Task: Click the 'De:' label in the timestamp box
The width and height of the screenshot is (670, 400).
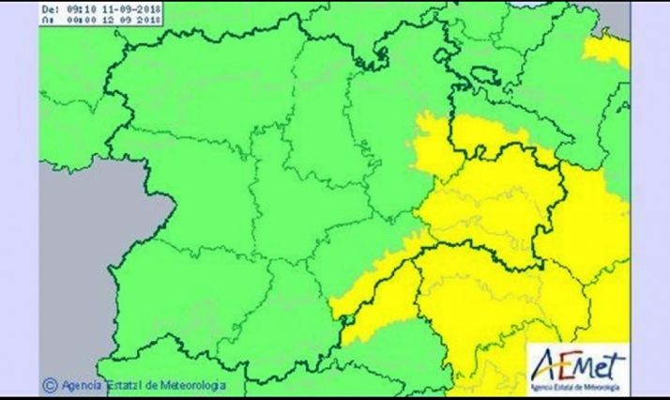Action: pos(48,8)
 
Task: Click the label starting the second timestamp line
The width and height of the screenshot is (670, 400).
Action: pos(48,18)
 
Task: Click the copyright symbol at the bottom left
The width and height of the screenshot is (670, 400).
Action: pos(48,383)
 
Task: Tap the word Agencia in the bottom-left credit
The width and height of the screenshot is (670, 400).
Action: pos(81,383)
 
